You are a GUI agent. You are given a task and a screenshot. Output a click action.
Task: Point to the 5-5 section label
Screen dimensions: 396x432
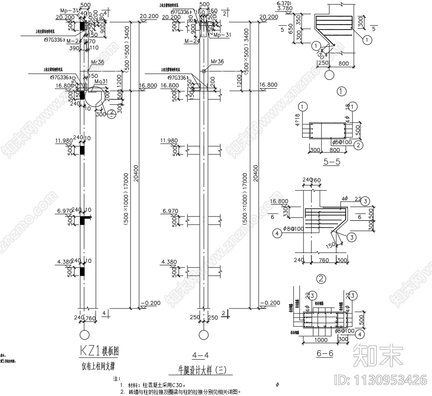pos(332,161)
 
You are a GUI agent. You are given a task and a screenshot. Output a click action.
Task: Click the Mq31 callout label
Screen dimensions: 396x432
pos(101,81)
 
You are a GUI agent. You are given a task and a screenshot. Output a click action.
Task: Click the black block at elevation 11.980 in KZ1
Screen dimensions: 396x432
pos(82,150)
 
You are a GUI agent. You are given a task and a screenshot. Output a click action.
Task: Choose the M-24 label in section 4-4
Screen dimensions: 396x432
pos(191,41)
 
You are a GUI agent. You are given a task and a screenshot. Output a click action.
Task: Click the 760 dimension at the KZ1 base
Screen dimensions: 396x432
pos(91,318)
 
